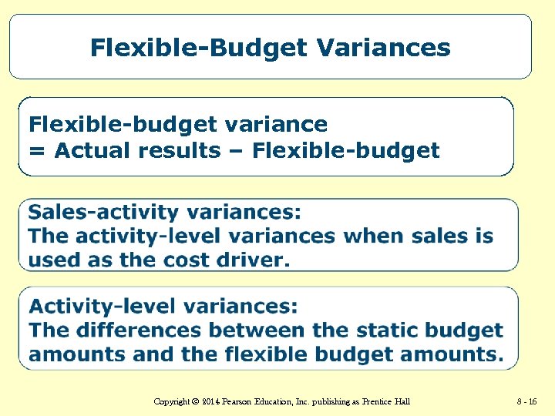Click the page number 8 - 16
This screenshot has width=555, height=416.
pos(527,401)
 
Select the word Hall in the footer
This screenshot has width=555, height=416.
pos(402,401)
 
